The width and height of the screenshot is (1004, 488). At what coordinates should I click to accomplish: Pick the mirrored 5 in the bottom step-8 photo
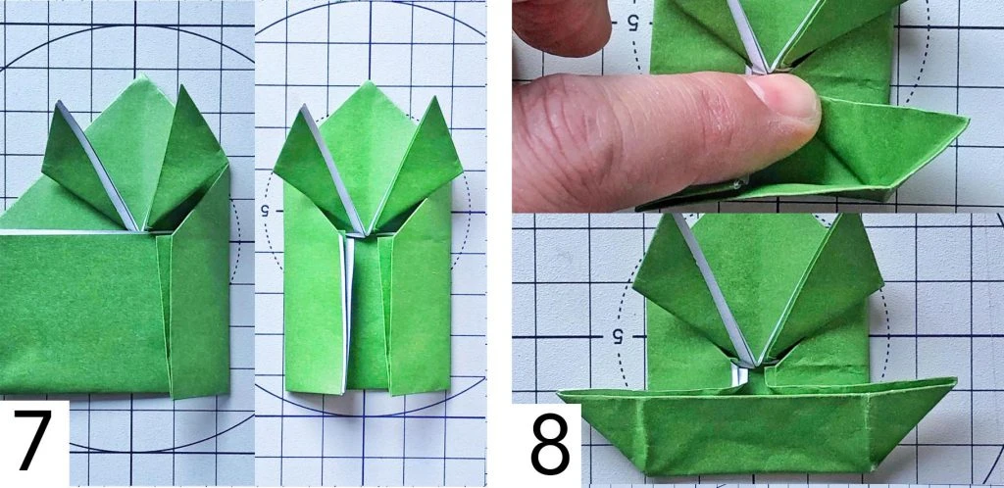pyautogui.click(x=618, y=336)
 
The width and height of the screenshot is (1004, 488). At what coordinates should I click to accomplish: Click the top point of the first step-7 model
pyautogui.click(x=146, y=76)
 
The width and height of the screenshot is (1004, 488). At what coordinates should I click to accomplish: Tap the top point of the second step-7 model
pyautogui.click(x=367, y=82)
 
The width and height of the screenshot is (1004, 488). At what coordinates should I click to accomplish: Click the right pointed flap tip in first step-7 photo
pyautogui.click(x=181, y=86)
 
